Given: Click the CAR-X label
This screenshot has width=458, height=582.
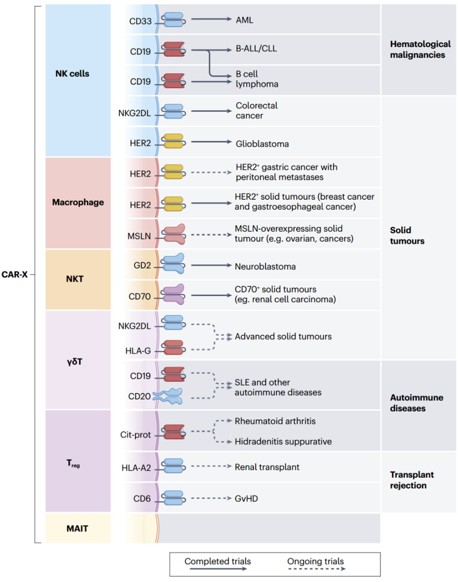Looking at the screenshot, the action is click(14, 275).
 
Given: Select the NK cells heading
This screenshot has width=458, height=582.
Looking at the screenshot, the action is click(72, 73).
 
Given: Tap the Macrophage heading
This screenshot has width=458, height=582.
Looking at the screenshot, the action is click(78, 202).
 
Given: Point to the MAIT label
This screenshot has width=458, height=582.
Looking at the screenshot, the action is click(77, 529).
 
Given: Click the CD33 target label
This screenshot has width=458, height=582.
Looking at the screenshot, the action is click(140, 21).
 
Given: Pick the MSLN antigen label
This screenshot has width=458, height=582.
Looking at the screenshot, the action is click(139, 236).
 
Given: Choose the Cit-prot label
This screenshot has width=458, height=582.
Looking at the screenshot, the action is click(135, 435).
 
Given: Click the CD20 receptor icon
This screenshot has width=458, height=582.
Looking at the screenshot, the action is click(168, 396).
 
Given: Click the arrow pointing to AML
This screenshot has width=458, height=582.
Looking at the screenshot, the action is click(211, 19).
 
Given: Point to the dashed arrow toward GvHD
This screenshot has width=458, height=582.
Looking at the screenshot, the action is click(211, 498).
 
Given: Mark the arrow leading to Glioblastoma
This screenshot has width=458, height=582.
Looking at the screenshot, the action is click(211, 142).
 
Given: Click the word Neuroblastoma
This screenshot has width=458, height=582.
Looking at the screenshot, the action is click(265, 267).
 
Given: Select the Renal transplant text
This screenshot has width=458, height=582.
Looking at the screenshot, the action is click(267, 467).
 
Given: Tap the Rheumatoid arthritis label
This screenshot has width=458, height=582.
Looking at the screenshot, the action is click(275, 421).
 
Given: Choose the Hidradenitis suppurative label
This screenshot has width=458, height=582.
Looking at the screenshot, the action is click(283, 442).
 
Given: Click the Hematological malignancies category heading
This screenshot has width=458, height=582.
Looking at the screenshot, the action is click(420, 49).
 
